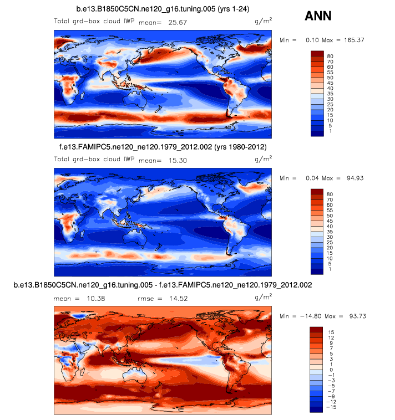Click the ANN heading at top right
pyautogui.click(x=318, y=16)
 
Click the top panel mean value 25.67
pyautogui.click(x=184, y=22)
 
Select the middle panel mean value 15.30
pyautogui.click(x=173, y=160)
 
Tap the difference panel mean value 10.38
pyautogui.click(x=84, y=299)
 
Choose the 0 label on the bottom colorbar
pyautogui.click(x=331, y=369)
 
